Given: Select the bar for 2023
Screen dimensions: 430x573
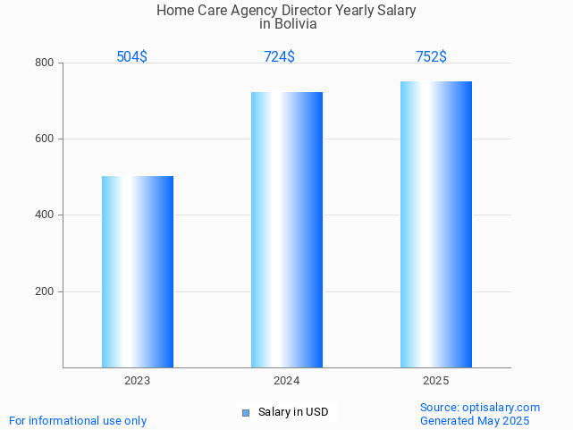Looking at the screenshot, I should coord(138,272).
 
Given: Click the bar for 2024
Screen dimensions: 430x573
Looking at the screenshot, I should coord(287,230).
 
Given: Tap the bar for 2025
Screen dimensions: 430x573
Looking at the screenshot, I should coord(436,224).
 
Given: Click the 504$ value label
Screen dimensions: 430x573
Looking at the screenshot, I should coord(132,57).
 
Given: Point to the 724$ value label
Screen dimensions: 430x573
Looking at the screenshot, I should coord(279,57).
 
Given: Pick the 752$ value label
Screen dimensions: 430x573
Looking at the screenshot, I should coord(431,57).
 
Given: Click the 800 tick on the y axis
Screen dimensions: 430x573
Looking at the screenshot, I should coord(45,63).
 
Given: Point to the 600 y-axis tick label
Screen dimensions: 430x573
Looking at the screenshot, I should coord(45,139).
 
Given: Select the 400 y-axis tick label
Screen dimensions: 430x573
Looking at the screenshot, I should coord(45,215).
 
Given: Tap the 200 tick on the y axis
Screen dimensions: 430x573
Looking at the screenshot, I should coord(45,291).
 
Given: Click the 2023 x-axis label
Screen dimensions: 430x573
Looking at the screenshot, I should coord(138,381).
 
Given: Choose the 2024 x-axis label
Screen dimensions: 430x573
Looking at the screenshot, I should coord(287,381).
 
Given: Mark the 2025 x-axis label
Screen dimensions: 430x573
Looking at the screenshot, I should coord(436,381).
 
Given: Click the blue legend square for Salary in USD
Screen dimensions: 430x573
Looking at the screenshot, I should coord(246,412).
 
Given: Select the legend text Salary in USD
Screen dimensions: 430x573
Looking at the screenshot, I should coord(293,412).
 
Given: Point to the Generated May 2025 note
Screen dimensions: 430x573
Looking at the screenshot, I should coord(475,421).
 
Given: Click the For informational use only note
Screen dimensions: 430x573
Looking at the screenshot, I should coord(78,421).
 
